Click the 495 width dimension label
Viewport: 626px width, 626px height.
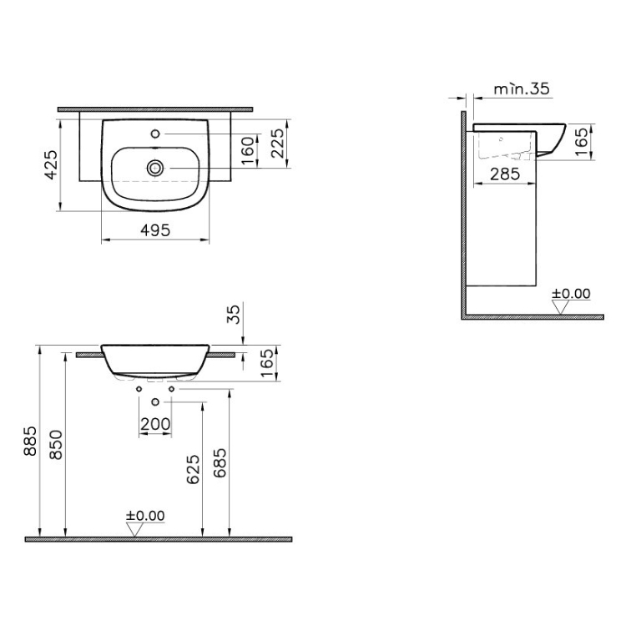155,230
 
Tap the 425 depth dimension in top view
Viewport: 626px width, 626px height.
51,165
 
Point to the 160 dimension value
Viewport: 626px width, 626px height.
248,150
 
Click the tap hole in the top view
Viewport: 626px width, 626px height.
156,134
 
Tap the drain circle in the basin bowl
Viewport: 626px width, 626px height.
155,168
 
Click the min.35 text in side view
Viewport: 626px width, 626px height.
522,88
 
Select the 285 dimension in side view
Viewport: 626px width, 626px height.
505,174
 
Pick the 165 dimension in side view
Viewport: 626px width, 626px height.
583,142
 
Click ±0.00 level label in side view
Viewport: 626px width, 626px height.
571,294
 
